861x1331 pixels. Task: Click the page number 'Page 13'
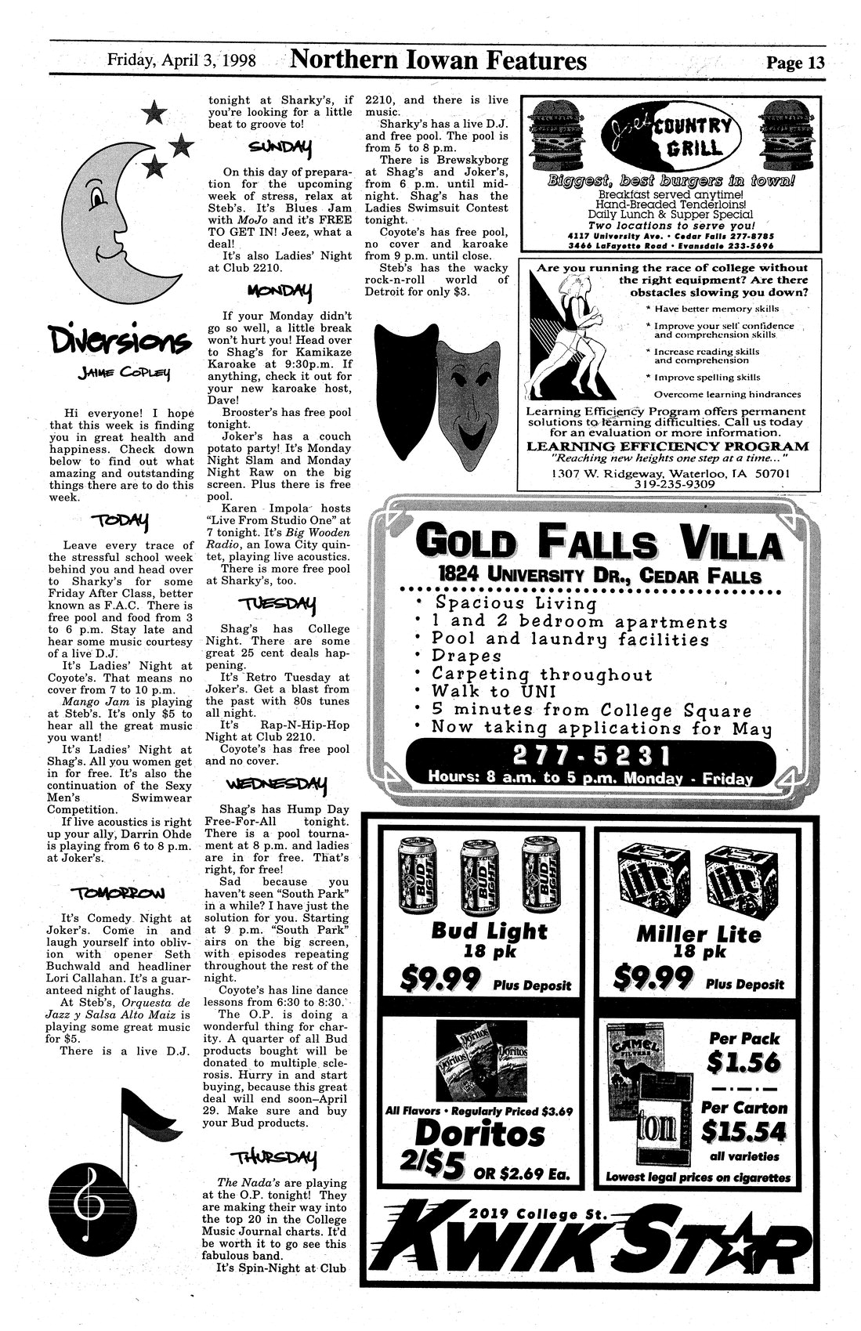[794, 63]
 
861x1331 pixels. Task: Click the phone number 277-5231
[591, 757]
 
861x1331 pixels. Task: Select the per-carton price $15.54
[741, 1130]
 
